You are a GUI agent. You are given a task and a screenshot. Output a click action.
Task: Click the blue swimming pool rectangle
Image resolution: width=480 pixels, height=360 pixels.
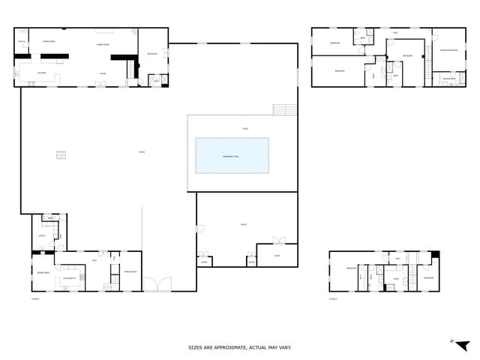pyautogui.click(x=232, y=155)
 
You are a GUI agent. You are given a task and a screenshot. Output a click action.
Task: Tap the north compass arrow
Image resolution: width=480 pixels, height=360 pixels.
pyautogui.click(x=463, y=344)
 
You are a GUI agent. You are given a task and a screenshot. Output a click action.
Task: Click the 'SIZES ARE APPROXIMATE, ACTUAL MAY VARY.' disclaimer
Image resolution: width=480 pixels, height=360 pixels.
pyautogui.click(x=239, y=348)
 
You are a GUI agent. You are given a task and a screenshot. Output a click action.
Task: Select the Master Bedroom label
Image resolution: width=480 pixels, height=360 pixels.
pyautogui.click(x=448, y=50)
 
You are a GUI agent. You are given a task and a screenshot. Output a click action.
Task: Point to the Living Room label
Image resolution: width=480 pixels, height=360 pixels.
pyautogui.click(x=103, y=46)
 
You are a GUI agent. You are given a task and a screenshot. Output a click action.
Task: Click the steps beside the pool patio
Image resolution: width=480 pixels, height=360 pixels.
pyautogui.click(x=285, y=109)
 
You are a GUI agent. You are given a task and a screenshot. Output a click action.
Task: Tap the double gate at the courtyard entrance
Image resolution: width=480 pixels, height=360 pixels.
pyautogui.click(x=157, y=284)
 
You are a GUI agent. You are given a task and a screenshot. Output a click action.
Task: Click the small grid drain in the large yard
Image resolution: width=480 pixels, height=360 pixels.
pyautogui.click(x=61, y=155)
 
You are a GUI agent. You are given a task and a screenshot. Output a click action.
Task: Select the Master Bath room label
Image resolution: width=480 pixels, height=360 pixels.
pyautogui.click(x=449, y=78)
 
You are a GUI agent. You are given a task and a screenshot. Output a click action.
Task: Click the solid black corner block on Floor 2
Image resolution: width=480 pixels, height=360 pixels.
pyautogui.click(x=435, y=255)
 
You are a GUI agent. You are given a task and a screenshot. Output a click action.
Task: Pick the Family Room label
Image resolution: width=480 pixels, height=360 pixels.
pyautogui.click(x=130, y=271)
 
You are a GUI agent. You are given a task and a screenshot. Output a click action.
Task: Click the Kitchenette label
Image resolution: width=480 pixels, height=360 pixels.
pyautogui.click(x=70, y=278)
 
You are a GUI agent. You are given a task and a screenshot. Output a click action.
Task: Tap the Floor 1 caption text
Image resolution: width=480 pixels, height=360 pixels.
pyautogui.click(x=35, y=298)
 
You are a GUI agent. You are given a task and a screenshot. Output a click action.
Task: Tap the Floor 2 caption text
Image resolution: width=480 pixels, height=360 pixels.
pyautogui.click(x=333, y=298)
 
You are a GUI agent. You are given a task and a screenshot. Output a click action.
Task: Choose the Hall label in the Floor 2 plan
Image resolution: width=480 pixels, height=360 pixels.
pyautogui.click(x=397, y=258)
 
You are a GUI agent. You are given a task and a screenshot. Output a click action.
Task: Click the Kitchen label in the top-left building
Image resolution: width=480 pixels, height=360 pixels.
pyautogui.click(x=42, y=73)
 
